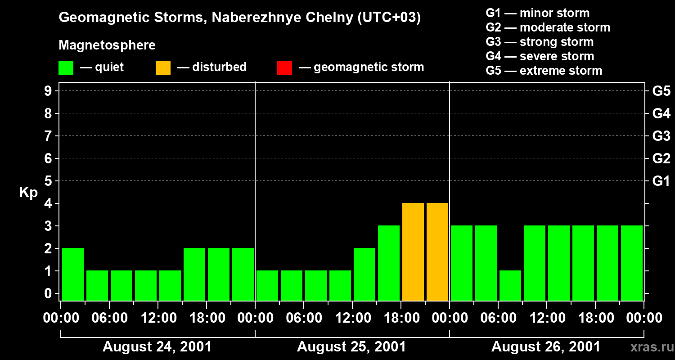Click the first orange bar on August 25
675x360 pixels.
[413, 252]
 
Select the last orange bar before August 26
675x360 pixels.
[437, 252]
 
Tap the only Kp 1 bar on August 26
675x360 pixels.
[510, 285]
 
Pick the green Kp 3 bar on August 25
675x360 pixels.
[389, 263]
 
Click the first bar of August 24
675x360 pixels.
[73, 274]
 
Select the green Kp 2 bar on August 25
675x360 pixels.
[364, 274]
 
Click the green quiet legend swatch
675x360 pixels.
[66, 67]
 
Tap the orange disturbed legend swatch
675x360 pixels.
[163, 67]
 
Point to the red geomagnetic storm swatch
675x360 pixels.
[284, 67]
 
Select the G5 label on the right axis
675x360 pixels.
[661, 91]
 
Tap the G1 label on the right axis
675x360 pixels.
[661, 181]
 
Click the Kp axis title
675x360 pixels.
[28, 193]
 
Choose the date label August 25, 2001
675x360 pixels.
[351, 347]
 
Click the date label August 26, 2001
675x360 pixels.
[546, 347]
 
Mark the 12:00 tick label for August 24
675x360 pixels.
[158, 318]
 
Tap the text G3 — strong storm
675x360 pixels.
[540, 42]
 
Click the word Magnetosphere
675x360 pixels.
[107, 45]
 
